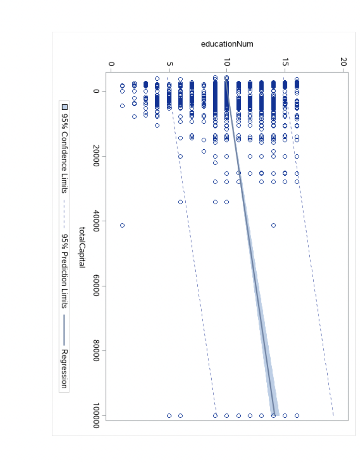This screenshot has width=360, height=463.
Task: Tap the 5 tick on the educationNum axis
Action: (169, 63)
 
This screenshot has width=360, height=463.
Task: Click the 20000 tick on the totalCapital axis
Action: (97, 156)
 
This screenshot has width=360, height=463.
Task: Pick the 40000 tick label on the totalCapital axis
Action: (97, 221)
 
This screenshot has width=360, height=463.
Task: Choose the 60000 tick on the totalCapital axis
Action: (97, 286)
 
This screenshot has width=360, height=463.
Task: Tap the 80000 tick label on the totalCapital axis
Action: (97, 351)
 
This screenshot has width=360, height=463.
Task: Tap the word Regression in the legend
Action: (65, 368)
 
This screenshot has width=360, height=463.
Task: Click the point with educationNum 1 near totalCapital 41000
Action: (122, 225)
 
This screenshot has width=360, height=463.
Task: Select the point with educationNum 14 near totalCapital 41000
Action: (273, 225)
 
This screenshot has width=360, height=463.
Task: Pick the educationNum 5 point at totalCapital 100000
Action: (169, 415)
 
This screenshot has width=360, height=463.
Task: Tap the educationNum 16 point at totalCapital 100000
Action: (297, 415)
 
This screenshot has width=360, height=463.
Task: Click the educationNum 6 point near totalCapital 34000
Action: (180, 202)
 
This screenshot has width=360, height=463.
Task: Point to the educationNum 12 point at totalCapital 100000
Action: (250, 415)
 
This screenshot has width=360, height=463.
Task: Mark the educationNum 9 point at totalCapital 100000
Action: (215, 415)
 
